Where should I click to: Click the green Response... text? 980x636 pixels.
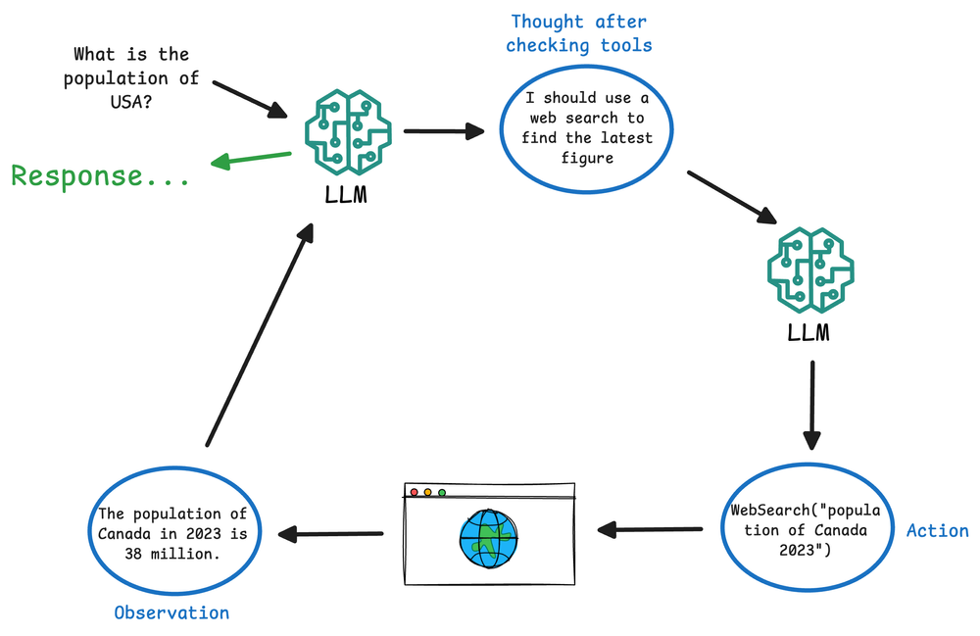tap(100, 176)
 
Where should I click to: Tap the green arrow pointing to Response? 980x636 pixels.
tap(252, 159)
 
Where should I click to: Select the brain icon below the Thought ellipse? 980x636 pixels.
tap(809, 269)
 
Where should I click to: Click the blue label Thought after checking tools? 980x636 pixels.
tap(578, 33)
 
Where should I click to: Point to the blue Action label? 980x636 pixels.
tap(937, 530)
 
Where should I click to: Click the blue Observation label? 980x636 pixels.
tap(171, 612)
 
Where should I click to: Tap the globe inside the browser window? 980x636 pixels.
tap(488, 537)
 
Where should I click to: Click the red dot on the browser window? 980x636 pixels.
tap(414, 492)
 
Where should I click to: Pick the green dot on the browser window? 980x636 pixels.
tap(442, 492)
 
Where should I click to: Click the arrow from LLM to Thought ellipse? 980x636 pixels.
tap(444, 130)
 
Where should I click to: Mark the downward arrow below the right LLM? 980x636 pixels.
tap(811, 405)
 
